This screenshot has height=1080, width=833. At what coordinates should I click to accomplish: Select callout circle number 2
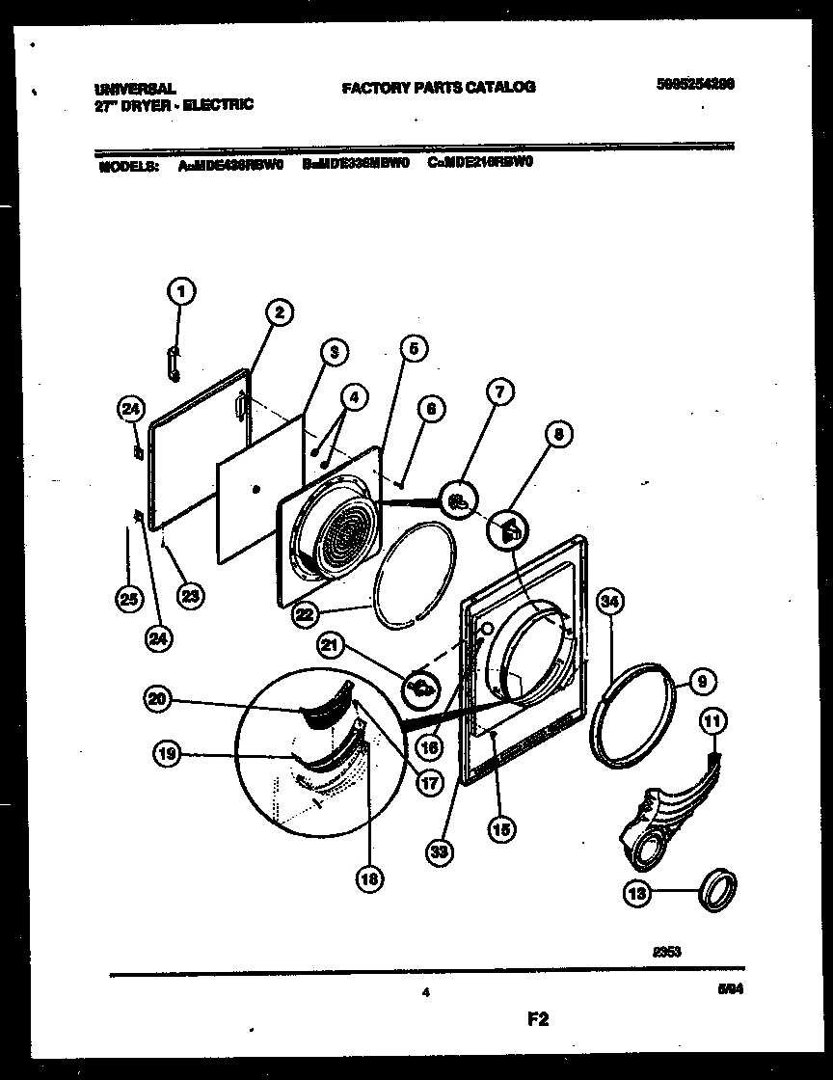278,311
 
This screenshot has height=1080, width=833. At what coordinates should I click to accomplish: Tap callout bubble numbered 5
412,349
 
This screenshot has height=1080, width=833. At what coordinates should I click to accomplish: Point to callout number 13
637,894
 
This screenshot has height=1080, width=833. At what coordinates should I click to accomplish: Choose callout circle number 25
127,600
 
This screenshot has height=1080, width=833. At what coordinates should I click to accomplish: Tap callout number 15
502,826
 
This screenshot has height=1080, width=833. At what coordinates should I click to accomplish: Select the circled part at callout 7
459,499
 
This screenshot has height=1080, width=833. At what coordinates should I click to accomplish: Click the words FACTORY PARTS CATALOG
439,87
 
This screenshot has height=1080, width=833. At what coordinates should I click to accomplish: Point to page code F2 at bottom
537,1019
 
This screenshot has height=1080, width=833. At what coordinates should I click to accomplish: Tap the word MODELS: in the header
128,165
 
